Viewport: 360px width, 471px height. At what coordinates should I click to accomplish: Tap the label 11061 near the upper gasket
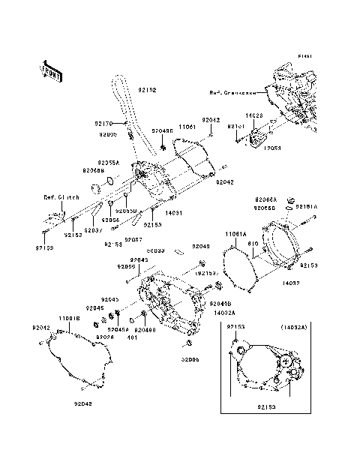point(187,128)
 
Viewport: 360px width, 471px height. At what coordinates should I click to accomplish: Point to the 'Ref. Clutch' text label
point(57,197)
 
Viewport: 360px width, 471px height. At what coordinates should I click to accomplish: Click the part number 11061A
point(235,234)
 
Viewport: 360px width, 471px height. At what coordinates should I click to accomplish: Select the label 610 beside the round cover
point(253,244)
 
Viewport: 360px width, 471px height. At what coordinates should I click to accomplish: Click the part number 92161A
point(305,205)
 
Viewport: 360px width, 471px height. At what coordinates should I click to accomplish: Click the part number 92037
point(94,230)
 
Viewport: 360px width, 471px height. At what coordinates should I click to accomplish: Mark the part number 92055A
point(108,161)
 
